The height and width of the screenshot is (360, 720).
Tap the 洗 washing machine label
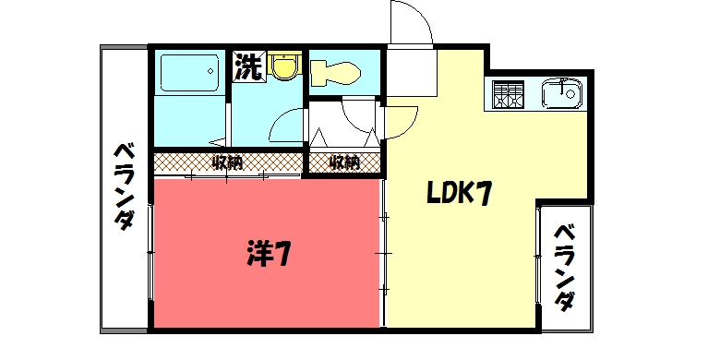click(246, 66)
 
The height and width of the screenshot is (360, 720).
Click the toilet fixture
click(334, 71)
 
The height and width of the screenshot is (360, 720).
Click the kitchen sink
click(560, 93)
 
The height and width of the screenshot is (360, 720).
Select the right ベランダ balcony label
click(565, 267)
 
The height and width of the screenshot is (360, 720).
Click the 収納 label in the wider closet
click(227, 163)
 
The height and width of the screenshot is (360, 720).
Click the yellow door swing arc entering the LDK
click(399, 118)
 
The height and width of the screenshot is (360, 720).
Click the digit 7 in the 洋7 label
click(282, 253)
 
